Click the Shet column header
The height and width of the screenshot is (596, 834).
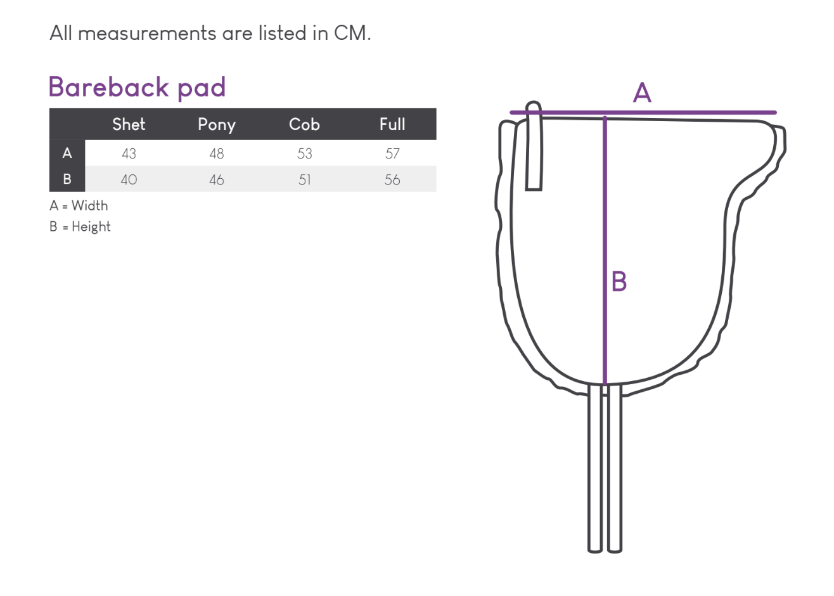pos(129,124)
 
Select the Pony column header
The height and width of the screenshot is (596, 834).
pos(217,124)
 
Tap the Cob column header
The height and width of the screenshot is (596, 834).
pos(304,124)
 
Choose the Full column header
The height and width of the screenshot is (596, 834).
pos(392,124)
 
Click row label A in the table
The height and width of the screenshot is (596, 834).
pos(67,153)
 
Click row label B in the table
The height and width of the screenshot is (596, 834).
pos(67,179)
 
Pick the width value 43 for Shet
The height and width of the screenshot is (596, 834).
pos(129,154)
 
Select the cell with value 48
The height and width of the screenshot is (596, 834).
pos(217,154)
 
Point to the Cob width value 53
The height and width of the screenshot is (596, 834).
pos(305,154)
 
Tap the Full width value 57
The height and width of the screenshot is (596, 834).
pos(392,154)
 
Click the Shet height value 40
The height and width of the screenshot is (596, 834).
pos(129,180)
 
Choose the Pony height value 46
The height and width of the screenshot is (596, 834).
pos(217,180)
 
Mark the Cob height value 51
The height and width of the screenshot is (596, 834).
pos(305,180)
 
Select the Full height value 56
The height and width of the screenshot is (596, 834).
pos(392,180)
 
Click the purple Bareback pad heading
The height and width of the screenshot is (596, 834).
pos(137,87)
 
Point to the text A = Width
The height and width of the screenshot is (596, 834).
pos(79,206)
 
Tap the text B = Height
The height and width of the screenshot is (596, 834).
pos(80,227)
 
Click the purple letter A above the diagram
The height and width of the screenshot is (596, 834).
pos(642,93)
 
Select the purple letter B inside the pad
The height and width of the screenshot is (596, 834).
pos(619,281)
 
